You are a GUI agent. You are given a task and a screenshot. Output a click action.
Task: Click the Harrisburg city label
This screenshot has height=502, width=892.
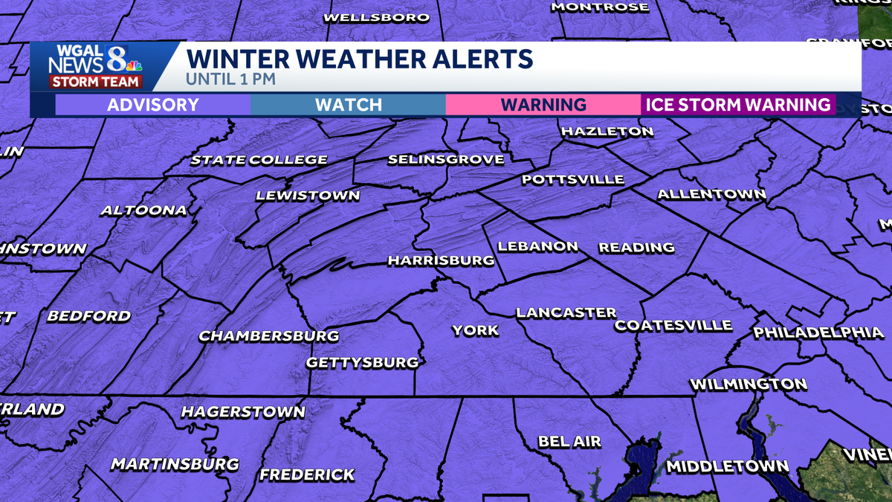[x=441, y=260]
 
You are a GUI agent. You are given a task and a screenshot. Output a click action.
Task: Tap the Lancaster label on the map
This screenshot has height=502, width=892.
[x=566, y=313]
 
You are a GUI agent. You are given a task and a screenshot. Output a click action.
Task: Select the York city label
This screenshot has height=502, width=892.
[x=476, y=330]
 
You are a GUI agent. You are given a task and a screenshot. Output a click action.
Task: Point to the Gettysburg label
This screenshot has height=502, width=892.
[x=363, y=363]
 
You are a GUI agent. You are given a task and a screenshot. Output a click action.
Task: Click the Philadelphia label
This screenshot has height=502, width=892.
[x=818, y=332]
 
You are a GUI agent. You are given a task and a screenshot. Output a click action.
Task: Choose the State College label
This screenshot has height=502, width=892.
[x=259, y=160]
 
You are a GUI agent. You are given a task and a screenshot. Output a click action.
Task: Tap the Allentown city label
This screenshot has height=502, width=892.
[x=711, y=195]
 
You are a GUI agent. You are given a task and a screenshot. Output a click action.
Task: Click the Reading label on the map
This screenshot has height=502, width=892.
[x=637, y=247]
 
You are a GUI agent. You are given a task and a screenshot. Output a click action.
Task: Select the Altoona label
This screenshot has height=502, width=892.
[x=143, y=210]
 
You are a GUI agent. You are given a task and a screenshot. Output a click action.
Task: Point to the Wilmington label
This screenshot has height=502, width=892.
[x=748, y=384]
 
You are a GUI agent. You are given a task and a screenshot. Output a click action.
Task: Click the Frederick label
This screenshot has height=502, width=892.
[x=307, y=474]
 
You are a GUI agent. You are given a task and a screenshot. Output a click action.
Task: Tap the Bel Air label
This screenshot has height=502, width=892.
[x=569, y=442]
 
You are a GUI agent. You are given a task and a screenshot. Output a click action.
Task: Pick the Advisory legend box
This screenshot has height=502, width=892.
[x=152, y=105]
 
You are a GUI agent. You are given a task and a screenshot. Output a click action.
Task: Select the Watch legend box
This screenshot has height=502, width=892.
[x=348, y=105]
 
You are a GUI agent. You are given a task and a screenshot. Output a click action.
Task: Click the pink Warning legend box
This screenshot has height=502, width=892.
[x=543, y=105]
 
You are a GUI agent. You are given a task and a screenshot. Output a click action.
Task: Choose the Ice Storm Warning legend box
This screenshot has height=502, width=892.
[x=738, y=105]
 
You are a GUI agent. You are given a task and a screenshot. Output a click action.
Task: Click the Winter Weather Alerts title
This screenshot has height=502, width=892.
[x=359, y=58]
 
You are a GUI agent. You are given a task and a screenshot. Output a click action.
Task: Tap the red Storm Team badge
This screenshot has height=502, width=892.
[x=95, y=82]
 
